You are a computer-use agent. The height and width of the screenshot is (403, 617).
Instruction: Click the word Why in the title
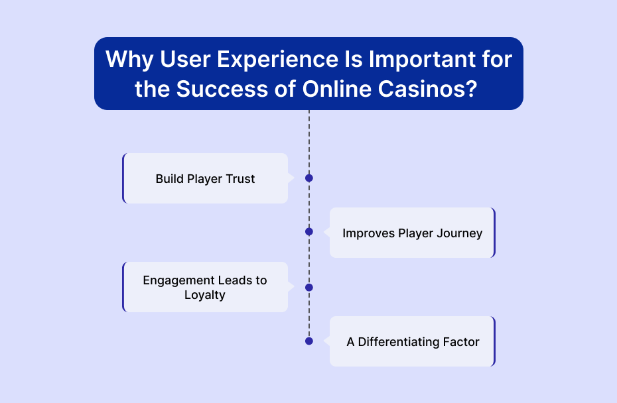(129, 60)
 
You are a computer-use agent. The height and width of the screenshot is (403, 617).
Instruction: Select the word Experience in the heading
(277, 59)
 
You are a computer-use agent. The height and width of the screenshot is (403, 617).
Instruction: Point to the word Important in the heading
(422, 59)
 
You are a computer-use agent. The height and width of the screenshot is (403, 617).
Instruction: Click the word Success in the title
(222, 89)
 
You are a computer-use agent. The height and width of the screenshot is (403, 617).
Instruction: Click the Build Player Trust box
(206, 178)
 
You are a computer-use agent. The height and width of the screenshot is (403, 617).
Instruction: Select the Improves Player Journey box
(413, 233)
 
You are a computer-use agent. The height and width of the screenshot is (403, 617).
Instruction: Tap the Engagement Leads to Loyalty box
(206, 287)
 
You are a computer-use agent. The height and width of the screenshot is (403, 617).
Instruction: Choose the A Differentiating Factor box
(413, 341)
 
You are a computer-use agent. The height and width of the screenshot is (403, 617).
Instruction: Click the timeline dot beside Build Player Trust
(309, 178)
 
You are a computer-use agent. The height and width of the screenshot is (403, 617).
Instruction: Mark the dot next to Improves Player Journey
(309, 231)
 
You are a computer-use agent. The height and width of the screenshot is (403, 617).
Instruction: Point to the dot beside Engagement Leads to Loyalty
(309, 288)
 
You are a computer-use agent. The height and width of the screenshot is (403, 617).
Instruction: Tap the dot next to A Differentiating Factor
(309, 341)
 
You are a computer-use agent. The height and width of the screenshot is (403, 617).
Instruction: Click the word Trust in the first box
(240, 179)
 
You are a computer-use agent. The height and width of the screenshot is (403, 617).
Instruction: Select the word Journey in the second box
(460, 233)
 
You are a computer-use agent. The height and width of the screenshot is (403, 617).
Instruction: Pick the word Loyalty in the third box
(205, 295)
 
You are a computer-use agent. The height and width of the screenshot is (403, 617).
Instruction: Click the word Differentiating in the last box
(399, 342)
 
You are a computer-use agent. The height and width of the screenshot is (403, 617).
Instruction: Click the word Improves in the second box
(368, 233)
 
